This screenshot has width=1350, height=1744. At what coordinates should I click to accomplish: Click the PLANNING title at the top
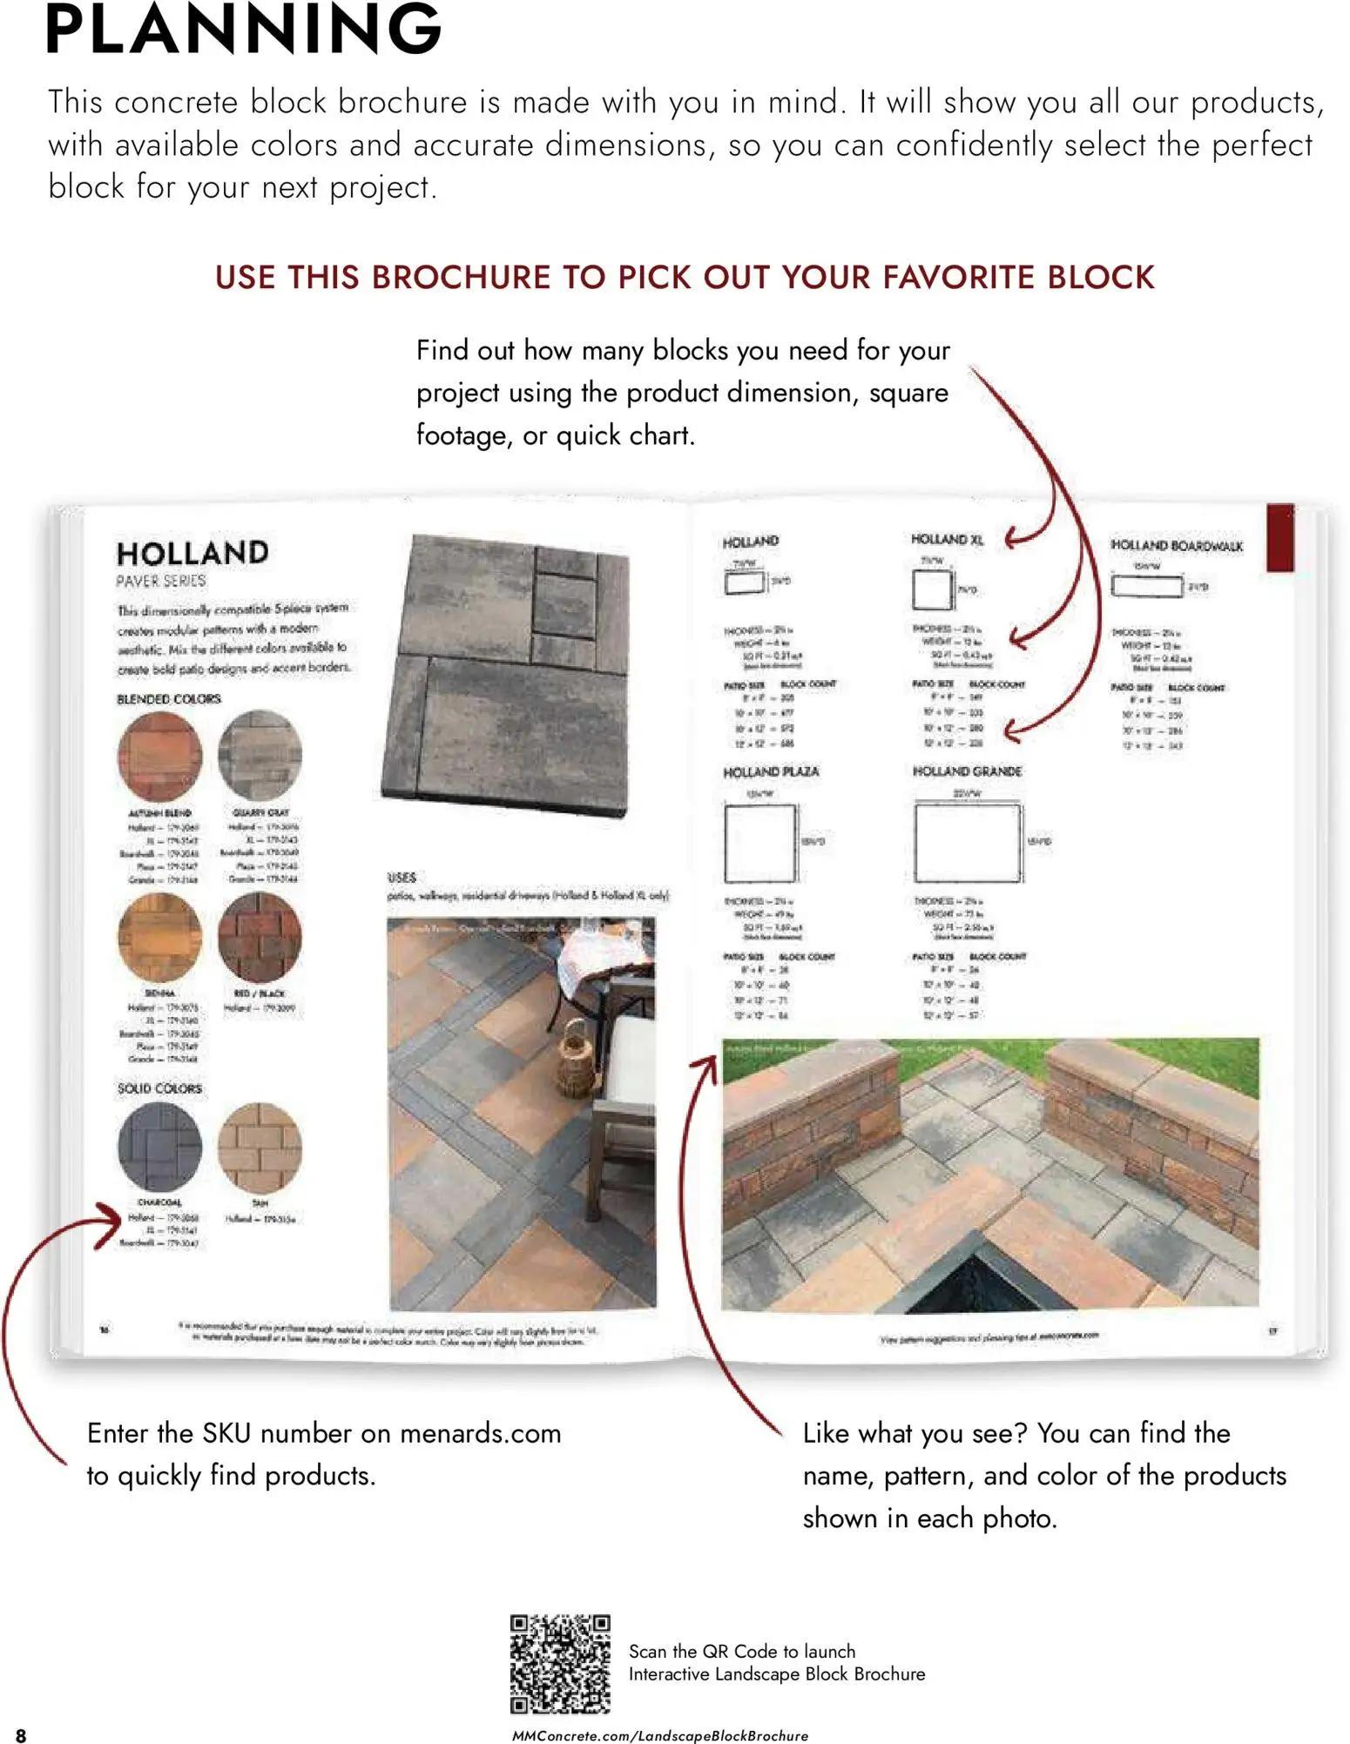click(x=244, y=30)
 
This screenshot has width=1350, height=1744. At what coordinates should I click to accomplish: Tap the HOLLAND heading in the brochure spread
click(x=192, y=553)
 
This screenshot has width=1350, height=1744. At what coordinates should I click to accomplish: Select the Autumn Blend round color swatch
click(x=159, y=755)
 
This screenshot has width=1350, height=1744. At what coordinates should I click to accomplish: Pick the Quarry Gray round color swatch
click(x=260, y=753)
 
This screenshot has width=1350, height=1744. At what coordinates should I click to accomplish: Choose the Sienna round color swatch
click(x=159, y=936)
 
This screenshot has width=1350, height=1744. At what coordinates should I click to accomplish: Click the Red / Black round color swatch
click(x=260, y=936)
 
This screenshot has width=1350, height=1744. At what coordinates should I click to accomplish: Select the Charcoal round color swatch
click(x=159, y=1147)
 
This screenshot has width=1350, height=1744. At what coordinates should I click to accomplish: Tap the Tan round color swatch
click(x=260, y=1147)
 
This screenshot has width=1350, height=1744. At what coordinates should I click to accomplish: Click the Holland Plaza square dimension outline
click(x=759, y=842)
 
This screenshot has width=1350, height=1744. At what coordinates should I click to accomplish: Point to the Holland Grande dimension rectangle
click(x=967, y=842)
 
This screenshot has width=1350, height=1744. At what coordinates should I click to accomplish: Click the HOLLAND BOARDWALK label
click(x=1176, y=546)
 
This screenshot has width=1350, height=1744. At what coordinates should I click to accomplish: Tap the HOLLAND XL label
click(x=947, y=540)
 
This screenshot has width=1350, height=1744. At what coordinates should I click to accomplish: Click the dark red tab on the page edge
click(x=1279, y=537)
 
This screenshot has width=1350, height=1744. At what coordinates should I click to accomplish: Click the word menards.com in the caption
click(x=480, y=1433)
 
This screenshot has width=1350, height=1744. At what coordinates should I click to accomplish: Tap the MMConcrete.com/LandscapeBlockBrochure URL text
click(x=659, y=1735)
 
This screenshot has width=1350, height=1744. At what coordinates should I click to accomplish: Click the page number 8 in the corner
click(x=21, y=1734)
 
